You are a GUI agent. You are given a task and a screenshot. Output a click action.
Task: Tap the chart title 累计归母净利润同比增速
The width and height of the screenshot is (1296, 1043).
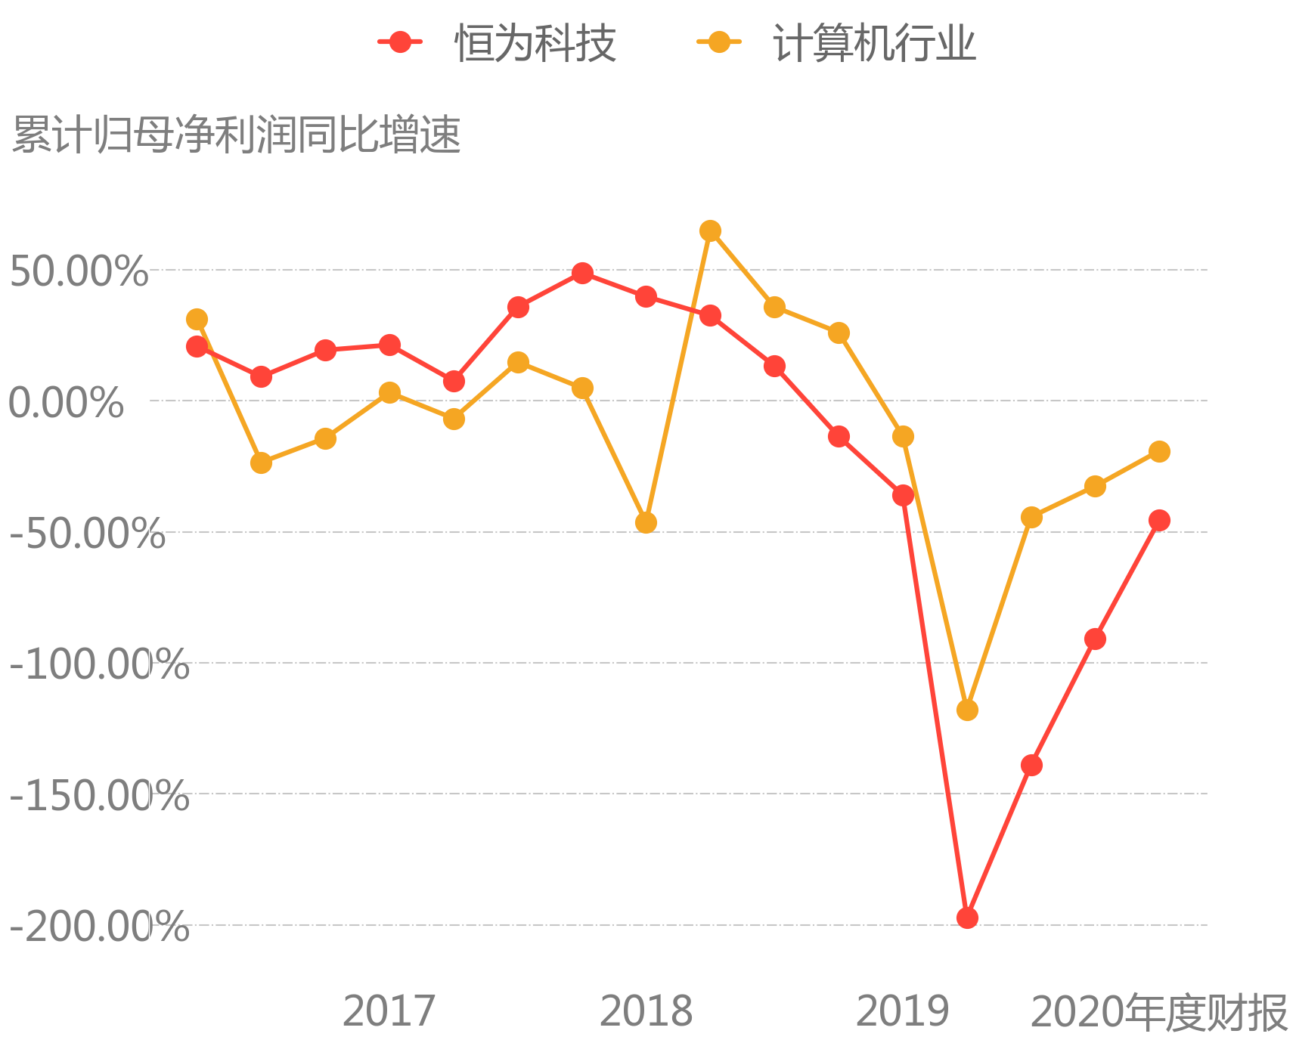tap(237, 136)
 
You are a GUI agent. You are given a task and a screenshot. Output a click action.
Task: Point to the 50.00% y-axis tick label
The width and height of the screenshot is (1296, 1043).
tap(79, 271)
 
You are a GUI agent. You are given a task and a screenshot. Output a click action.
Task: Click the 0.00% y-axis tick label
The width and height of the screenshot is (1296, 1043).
tap(66, 402)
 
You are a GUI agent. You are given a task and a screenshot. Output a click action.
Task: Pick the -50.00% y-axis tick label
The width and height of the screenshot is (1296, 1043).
tap(87, 534)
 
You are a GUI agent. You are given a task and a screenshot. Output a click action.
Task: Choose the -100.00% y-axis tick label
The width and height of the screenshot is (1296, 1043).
tap(99, 664)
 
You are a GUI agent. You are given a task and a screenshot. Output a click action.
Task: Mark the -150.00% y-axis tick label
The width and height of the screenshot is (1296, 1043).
tap(99, 795)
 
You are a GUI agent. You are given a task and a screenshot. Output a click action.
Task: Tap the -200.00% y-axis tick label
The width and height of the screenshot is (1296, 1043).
tap(99, 927)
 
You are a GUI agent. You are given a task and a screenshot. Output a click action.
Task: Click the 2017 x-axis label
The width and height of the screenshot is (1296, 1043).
tap(389, 1011)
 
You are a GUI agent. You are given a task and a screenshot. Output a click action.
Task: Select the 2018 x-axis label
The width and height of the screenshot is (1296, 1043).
tap(646, 1011)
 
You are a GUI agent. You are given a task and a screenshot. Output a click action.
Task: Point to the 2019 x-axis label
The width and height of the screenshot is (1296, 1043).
tap(902, 1011)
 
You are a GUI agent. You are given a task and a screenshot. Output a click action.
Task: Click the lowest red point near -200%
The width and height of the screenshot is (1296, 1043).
tap(967, 918)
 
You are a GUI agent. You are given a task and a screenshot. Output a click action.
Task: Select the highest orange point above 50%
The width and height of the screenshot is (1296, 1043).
tap(710, 231)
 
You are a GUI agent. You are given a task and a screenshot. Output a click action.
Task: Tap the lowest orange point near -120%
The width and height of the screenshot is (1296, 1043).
tap(967, 710)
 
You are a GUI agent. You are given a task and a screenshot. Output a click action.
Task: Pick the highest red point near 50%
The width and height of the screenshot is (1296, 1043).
tap(582, 273)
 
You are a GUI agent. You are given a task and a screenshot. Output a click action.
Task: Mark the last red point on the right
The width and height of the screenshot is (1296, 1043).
tap(1159, 520)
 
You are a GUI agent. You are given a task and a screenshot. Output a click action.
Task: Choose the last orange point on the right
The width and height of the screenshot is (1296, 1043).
tap(1159, 452)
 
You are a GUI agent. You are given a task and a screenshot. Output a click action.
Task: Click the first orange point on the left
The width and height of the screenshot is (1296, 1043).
tap(197, 320)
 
